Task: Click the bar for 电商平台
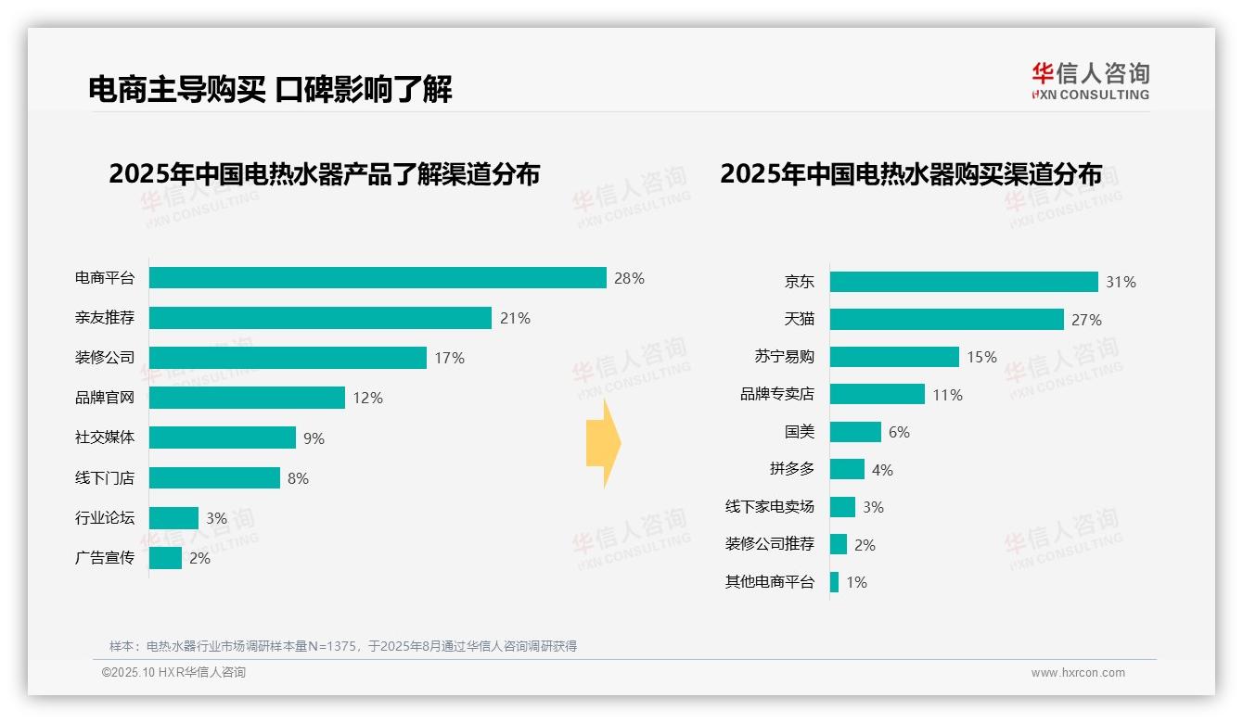[378, 278]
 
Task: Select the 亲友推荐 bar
[320, 318]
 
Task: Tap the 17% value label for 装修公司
[450, 358]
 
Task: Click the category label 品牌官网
[105, 398]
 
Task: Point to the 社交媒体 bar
[223, 438]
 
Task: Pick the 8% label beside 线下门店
[298, 478]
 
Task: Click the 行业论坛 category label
[105, 517]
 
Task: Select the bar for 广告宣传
[165, 558]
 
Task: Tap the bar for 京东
[964, 282]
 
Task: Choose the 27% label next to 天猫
[1086, 320]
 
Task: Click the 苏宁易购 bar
[894, 357]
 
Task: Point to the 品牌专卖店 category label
[776, 394]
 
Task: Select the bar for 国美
[855, 432]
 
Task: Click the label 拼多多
[791, 469]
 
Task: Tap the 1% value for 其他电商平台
[856, 583]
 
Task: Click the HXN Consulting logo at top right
[1090, 82]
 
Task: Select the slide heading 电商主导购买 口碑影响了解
[270, 89]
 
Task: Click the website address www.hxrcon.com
[1078, 673]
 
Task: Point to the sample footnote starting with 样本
[343, 646]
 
